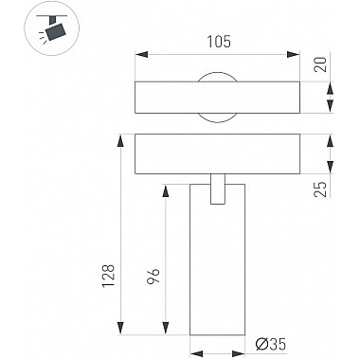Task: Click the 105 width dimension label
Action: pos(219,42)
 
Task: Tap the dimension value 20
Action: pos(320,64)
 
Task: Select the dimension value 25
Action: pos(320,189)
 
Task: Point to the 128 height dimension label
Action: pos(108,276)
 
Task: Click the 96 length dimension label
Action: pos(154,277)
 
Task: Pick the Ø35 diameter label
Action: pos(271,344)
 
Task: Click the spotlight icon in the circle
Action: pos(52,28)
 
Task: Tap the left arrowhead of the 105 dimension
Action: pos(141,55)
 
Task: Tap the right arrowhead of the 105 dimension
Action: pos(293,55)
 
